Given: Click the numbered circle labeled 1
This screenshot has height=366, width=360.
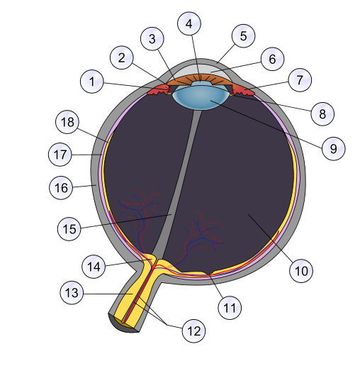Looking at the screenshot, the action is pyautogui.click(x=92, y=82).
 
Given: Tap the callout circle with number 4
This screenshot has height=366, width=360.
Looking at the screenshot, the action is pyautogui.click(x=189, y=23).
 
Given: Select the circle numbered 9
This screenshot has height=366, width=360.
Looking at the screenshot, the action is pyautogui.click(x=334, y=148).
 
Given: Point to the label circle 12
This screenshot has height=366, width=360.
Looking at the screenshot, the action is pyautogui.click(x=193, y=331).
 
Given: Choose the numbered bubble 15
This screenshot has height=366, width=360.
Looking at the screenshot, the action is pyautogui.click(x=69, y=229).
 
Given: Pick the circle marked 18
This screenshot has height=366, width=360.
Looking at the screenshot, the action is pyautogui.click(x=67, y=122).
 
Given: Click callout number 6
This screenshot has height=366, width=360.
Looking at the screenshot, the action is pyautogui.click(x=272, y=59).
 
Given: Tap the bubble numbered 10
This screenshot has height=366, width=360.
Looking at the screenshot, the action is pyautogui.click(x=301, y=270).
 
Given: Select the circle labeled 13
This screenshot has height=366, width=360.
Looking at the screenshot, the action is pyautogui.click(x=72, y=292).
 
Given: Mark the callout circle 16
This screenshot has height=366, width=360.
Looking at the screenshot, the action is pyautogui.click(x=61, y=188).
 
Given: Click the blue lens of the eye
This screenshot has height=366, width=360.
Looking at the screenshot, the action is pyautogui.click(x=201, y=96).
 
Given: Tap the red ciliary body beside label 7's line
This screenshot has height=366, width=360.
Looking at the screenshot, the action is pyautogui.click(x=243, y=90).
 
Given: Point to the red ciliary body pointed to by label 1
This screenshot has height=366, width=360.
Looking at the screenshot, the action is pyautogui.click(x=159, y=90).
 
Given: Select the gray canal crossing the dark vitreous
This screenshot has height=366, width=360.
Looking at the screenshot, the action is pyautogui.click(x=176, y=184).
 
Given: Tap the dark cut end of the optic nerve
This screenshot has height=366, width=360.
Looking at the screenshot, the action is pyautogui.click(x=123, y=324).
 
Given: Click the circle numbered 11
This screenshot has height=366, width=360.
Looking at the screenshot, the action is pyautogui.click(x=230, y=308).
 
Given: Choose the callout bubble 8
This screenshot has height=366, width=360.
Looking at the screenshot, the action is pyautogui.click(x=322, y=113).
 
